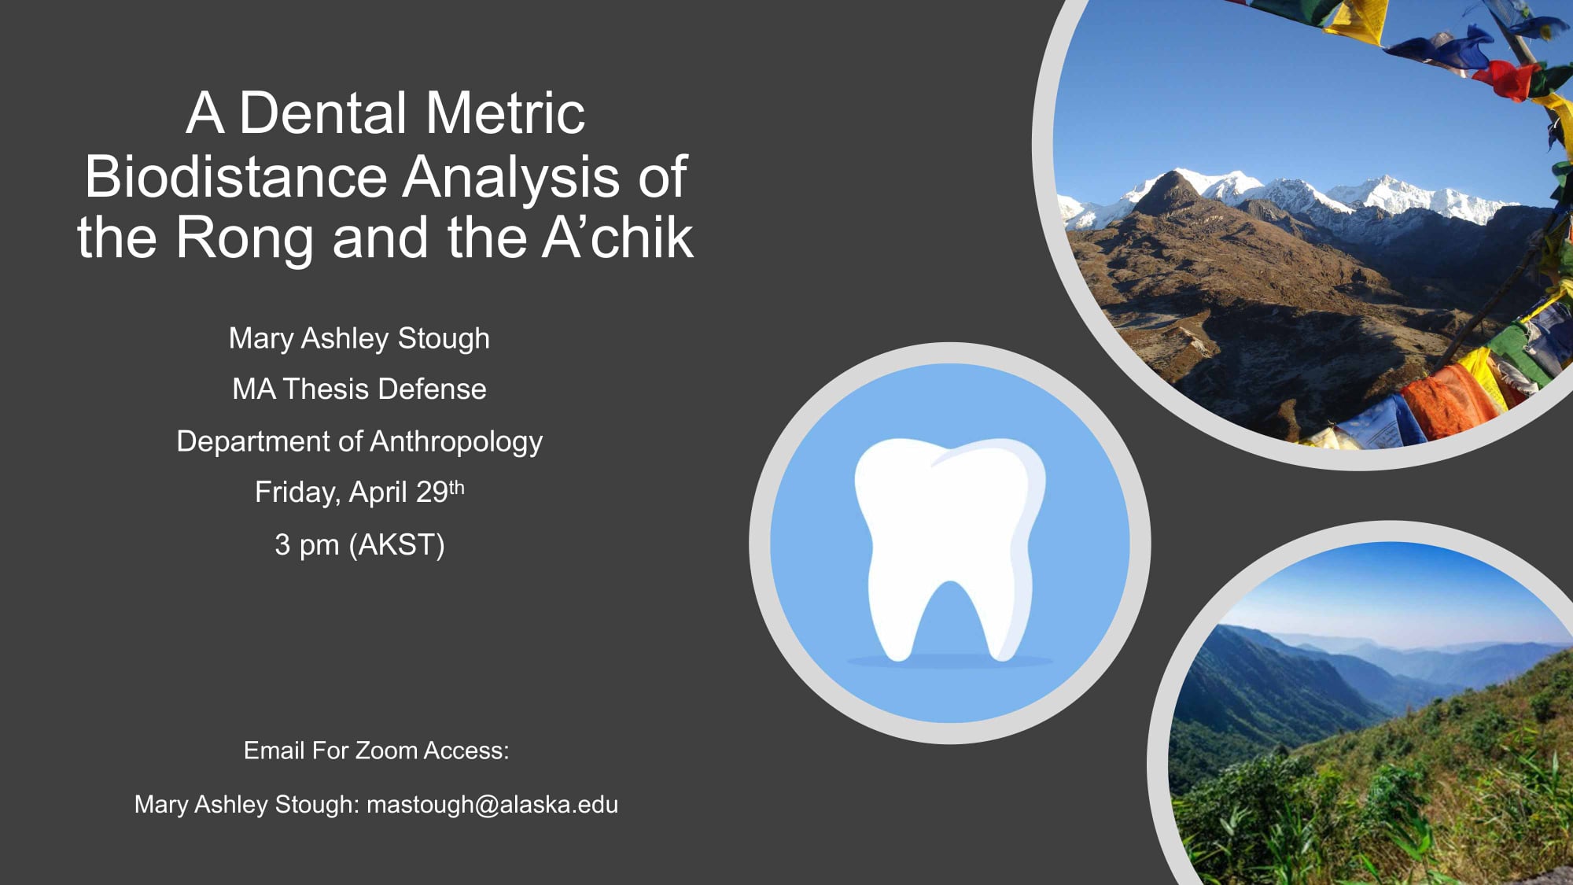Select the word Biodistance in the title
pos(236,176)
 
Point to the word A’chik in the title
pos(618,237)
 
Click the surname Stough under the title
pos(444,339)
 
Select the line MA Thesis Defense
pos(359,389)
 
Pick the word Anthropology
pos(456,442)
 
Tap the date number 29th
pos(440,492)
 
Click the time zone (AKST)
pos(397,544)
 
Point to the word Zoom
pos(386,750)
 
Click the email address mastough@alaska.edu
pos(492,805)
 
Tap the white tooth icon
pos(949,548)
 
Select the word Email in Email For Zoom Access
pos(274,750)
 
